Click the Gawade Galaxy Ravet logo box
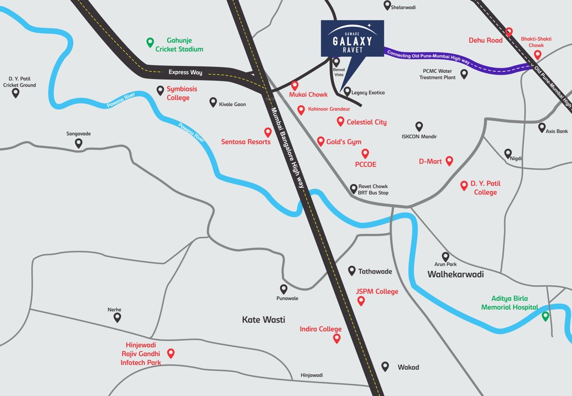(352, 38)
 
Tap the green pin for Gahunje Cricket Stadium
(150, 42)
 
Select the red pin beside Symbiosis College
(160, 90)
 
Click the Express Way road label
(186, 72)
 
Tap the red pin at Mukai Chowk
(295, 86)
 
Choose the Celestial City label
(366, 122)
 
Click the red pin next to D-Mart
(449, 161)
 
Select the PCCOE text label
(365, 164)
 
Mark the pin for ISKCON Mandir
(419, 126)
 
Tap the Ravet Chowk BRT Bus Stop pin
(354, 189)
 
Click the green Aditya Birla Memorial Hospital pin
(545, 316)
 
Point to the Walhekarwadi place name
(456, 274)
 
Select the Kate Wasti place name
(263, 320)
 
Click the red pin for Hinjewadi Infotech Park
(171, 353)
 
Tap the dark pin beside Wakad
(385, 366)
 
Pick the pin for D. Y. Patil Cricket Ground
(15, 93)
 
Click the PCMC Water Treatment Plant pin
(464, 74)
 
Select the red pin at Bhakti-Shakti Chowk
(537, 55)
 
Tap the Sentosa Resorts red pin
(267, 133)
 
